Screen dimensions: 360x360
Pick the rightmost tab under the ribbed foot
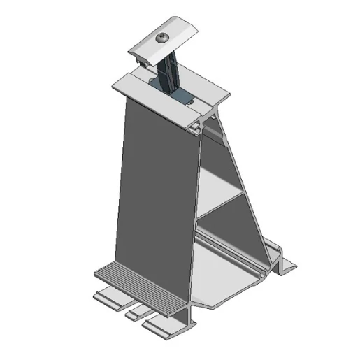[159, 322]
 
